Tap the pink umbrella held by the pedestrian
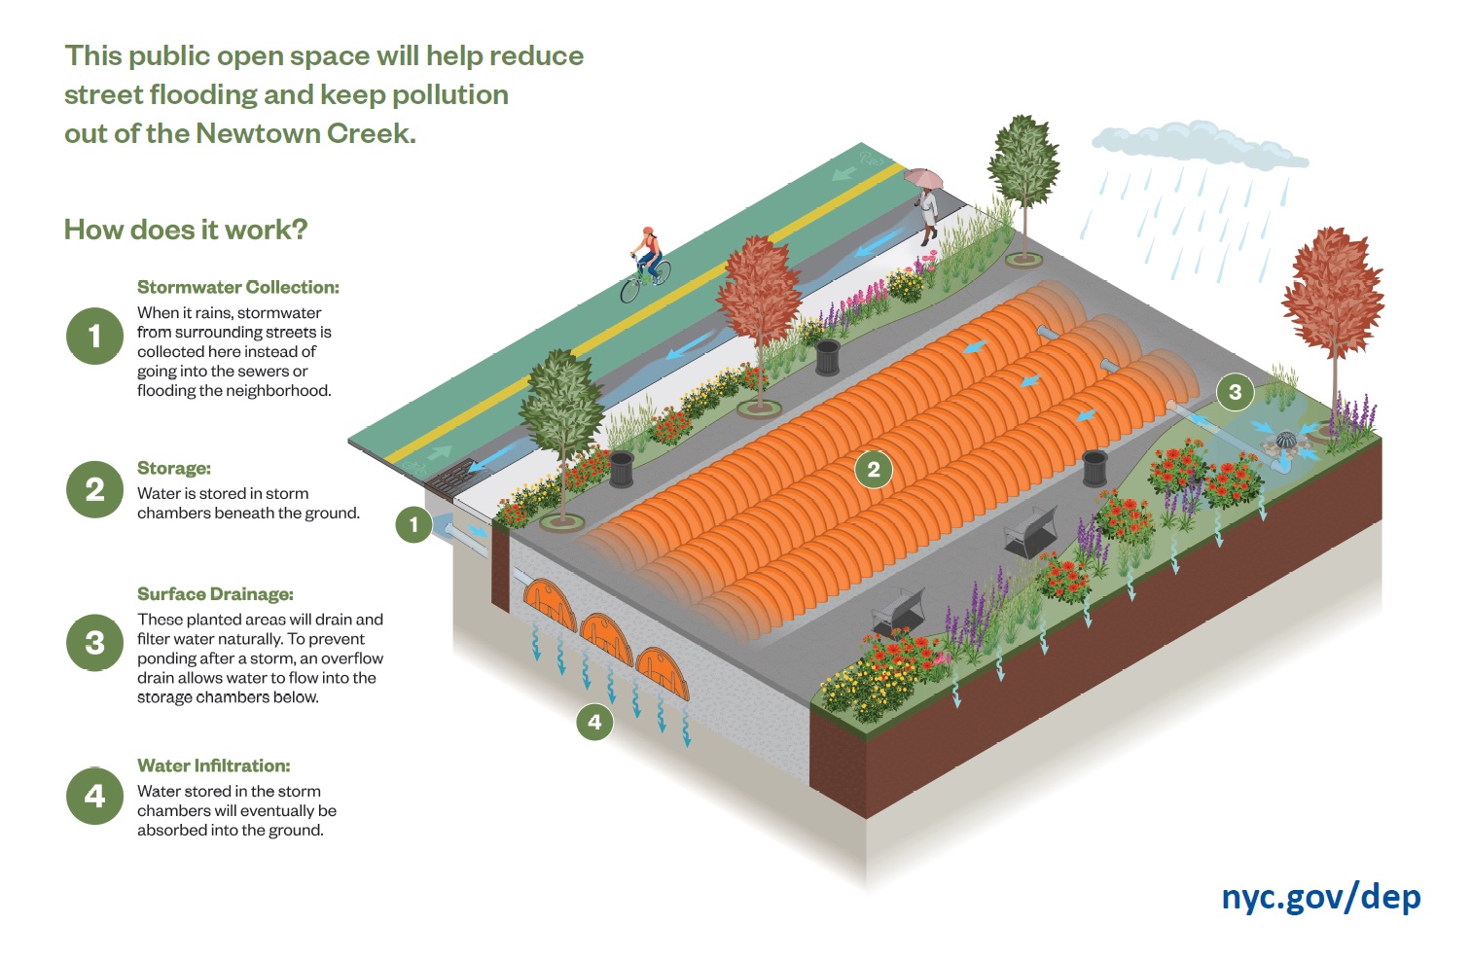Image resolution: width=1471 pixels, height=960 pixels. [x=923, y=179]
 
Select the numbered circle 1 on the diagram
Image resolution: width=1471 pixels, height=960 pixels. [x=413, y=525]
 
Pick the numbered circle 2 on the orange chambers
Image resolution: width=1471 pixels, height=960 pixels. [x=873, y=470]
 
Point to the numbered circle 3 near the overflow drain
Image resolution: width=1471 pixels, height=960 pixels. [x=1235, y=392]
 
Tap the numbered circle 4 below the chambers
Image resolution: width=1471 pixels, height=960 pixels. [x=594, y=722]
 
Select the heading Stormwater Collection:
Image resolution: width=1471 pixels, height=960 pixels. [x=238, y=287]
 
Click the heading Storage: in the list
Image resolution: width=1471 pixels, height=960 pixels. [x=174, y=468]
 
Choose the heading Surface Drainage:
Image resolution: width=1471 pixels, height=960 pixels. [x=215, y=593]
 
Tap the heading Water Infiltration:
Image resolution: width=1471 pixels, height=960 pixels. [x=214, y=765]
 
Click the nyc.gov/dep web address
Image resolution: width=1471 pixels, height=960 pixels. [x=1320, y=896]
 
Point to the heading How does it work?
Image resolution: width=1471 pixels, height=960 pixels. [x=186, y=230]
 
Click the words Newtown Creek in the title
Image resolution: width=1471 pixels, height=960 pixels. [x=305, y=133]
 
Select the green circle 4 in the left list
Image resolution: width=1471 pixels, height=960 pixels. [x=94, y=796]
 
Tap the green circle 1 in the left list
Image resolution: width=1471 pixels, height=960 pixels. [x=94, y=336]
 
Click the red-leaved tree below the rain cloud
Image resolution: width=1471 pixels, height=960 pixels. [x=1332, y=292]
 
